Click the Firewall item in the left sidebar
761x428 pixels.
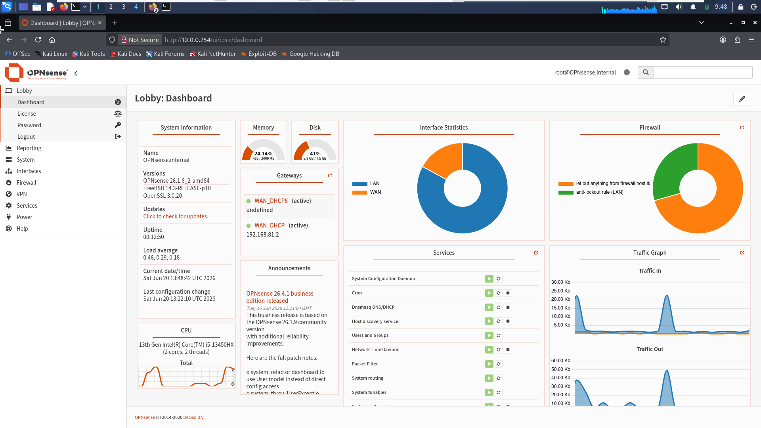pyautogui.click(x=26, y=183)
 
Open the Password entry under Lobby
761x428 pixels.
pyautogui.click(x=29, y=125)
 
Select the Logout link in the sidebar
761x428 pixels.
pyautogui.click(x=26, y=137)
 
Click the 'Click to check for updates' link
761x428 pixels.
pyautogui.click(x=176, y=216)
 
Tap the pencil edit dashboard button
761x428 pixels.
pyautogui.click(x=742, y=99)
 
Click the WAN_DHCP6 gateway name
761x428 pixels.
pyautogui.click(x=271, y=201)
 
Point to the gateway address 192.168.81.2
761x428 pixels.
pyautogui.click(x=262, y=235)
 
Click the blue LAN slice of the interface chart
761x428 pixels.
pyautogui.click(x=468, y=214)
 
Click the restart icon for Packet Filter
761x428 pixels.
pyautogui.click(x=499, y=364)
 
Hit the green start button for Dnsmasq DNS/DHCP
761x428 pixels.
pyautogui.click(x=489, y=307)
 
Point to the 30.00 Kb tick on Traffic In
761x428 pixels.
pyautogui.click(x=560, y=282)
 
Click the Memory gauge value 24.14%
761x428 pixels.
pyautogui.click(x=264, y=153)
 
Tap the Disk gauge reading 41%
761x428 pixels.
pyautogui.click(x=315, y=153)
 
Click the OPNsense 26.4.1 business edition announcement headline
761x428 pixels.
pyautogui.click(x=280, y=297)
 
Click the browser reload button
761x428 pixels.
pyautogui.click(x=38, y=40)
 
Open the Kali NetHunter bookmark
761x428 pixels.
pyautogui.click(x=212, y=54)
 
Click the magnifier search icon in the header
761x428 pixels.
pyautogui.click(x=646, y=73)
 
